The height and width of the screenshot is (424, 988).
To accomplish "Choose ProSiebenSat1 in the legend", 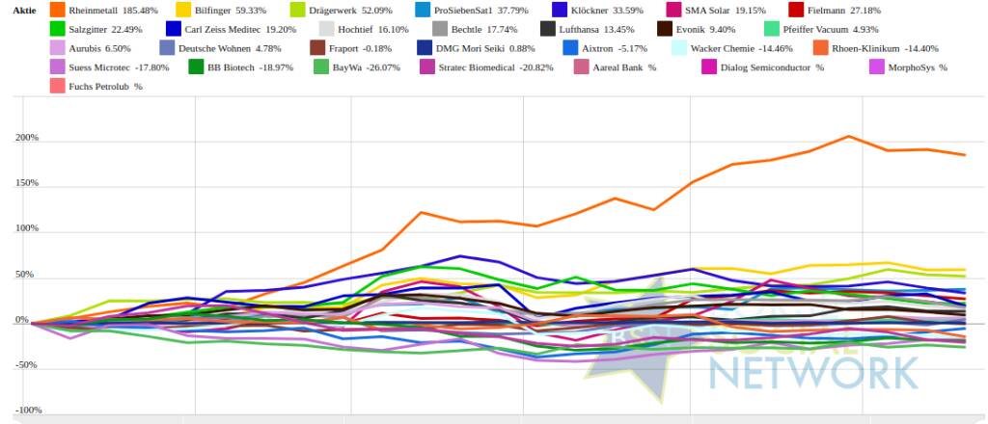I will (472, 10).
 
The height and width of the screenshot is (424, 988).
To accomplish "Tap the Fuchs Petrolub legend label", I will (106, 87).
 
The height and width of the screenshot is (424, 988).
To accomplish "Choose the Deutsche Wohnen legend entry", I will (226, 48).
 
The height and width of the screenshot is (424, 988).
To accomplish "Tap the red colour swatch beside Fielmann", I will (796, 10).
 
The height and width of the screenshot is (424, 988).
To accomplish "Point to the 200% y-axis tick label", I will (26, 138).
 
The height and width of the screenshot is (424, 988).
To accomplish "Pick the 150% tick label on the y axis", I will (26, 183).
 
